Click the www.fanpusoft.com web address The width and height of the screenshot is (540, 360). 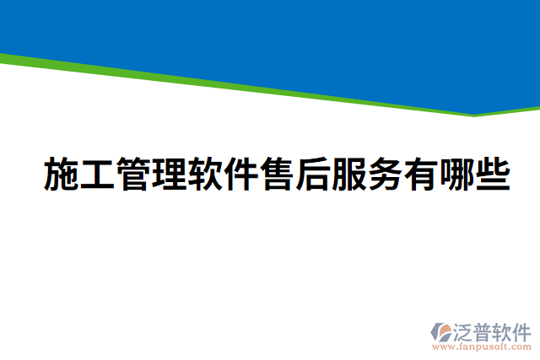(482, 347)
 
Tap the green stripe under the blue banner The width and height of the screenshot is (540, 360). (253, 89)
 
